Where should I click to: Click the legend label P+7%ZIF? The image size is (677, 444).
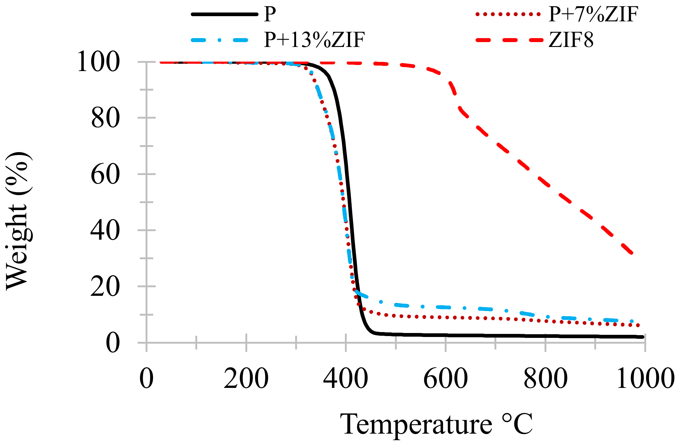(x=593, y=14)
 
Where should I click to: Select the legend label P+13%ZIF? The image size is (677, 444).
(x=314, y=40)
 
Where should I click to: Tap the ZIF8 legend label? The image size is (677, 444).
(x=571, y=40)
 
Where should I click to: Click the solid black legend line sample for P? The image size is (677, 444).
(x=224, y=14)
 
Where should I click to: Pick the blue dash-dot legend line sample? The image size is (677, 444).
(x=224, y=40)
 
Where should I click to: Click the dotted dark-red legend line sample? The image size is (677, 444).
(x=508, y=14)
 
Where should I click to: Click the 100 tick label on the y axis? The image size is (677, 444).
(x=98, y=62)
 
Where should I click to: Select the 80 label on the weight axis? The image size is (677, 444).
(x=105, y=118)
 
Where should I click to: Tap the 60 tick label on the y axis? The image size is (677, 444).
(x=105, y=175)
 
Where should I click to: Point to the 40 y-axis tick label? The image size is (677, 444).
(x=105, y=231)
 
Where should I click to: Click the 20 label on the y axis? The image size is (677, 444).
(x=105, y=287)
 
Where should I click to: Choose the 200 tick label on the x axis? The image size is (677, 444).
(x=246, y=378)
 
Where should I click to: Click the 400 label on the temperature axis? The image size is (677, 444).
(x=346, y=378)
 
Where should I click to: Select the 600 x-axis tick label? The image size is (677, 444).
(x=446, y=378)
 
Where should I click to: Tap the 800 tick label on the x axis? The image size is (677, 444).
(x=545, y=378)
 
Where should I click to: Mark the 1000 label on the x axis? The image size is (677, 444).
(x=645, y=378)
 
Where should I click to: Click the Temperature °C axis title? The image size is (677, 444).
(x=436, y=424)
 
